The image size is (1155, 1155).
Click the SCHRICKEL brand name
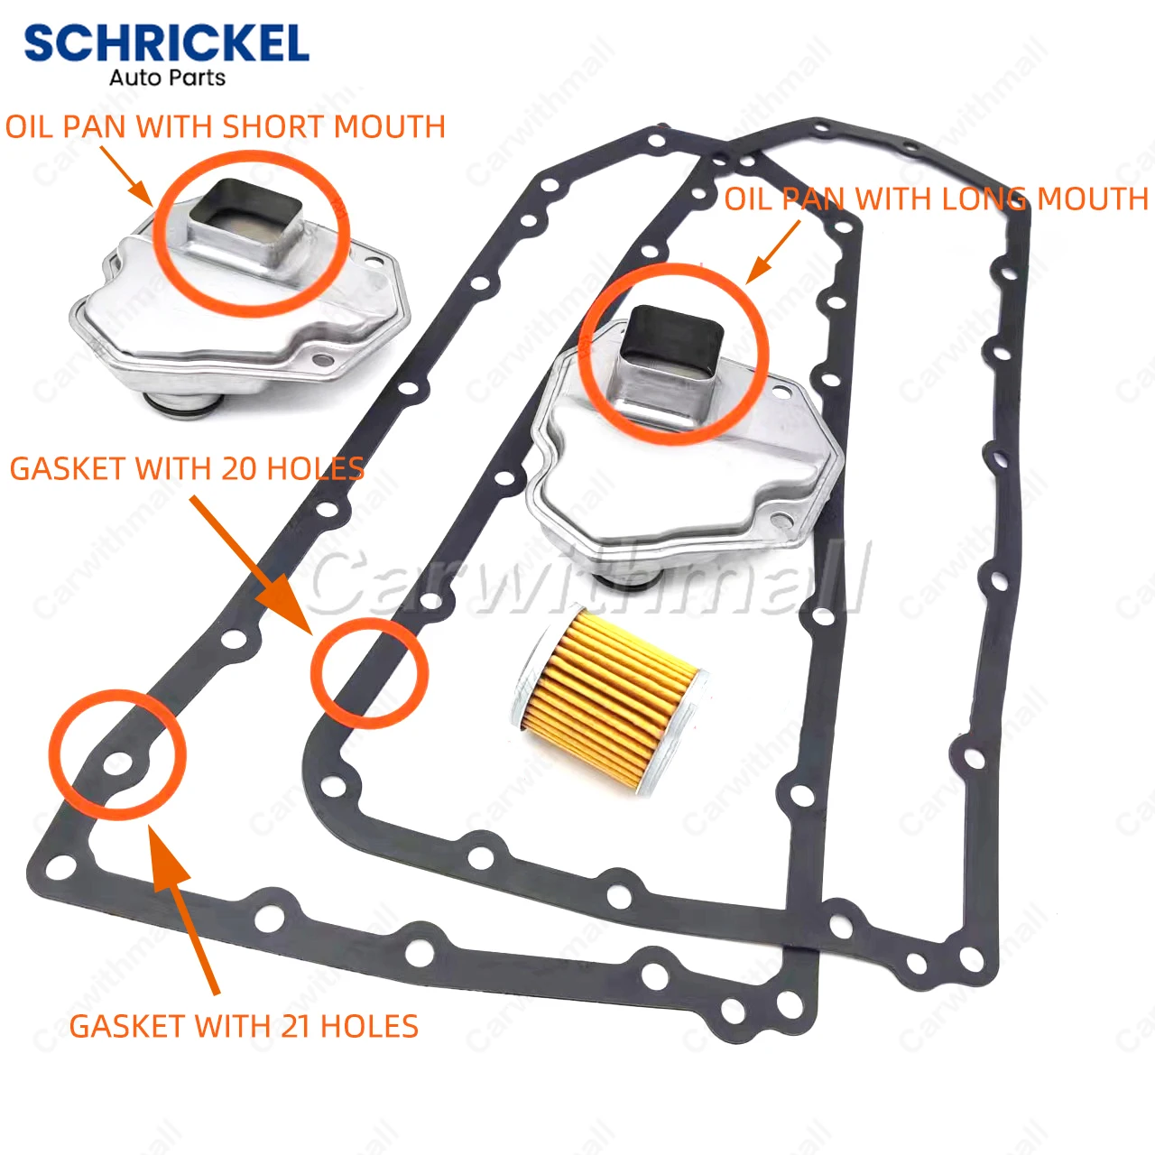[166, 43]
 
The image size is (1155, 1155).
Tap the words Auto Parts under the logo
[167, 79]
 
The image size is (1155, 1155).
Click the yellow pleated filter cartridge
[610, 698]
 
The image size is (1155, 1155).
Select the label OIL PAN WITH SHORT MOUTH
[226, 127]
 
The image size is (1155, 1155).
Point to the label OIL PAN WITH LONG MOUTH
[936, 199]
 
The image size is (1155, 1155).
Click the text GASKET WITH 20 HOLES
[187, 469]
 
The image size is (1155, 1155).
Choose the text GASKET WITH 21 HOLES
[244, 1026]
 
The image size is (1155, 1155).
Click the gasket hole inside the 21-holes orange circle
[116, 765]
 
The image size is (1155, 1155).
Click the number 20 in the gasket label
[241, 469]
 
